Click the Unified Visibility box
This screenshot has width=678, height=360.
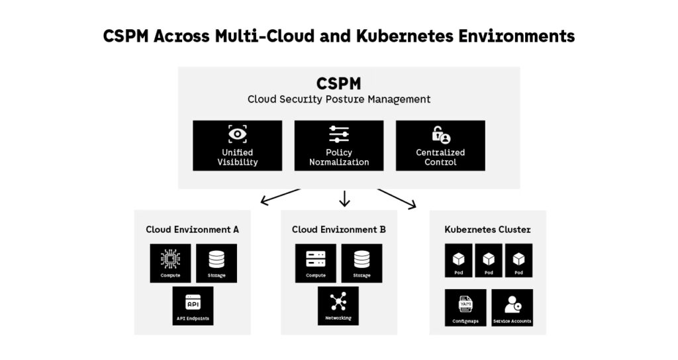[x=237, y=146]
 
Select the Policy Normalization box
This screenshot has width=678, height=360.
[x=338, y=146]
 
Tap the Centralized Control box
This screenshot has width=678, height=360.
[x=440, y=146]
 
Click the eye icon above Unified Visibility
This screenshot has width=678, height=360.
[x=237, y=134]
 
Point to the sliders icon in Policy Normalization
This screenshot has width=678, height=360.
[x=338, y=134]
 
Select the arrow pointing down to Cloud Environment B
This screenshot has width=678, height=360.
[x=344, y=199]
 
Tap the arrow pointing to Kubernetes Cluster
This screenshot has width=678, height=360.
[x=397, y=199]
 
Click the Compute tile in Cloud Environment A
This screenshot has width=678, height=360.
[x=170, y=263]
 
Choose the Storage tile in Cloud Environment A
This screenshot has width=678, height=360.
[x=217, y=263]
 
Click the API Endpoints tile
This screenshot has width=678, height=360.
[x=193, y=306]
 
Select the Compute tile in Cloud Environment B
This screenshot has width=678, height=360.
[x=315, y=263]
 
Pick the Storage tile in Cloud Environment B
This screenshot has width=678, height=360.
[x=362, y=263]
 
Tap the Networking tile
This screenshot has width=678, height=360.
[x=338, y=306]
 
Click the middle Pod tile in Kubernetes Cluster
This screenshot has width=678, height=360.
[x=489, y=260]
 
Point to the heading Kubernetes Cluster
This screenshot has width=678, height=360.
[x=487, y=230]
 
